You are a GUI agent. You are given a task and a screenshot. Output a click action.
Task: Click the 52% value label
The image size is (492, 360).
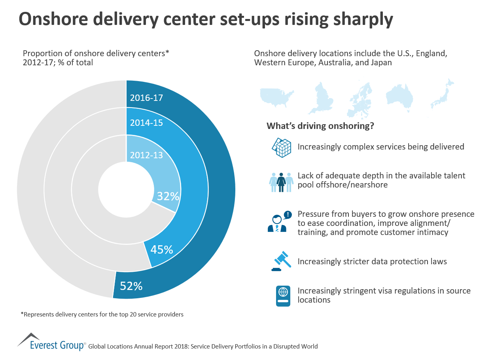click(x=131, y=286)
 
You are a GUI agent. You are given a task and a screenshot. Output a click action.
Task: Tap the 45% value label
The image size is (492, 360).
click(x=161, y=250)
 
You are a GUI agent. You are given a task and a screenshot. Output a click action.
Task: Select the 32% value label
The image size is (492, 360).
click(x=168, y=196)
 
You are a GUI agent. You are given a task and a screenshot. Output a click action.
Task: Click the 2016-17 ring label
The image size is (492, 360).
click(x=146, y=98)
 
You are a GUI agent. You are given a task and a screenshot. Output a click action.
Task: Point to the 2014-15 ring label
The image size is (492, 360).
click(x=146, y=123)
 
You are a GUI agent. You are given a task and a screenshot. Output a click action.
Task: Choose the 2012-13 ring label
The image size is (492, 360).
click(x=146, y=155)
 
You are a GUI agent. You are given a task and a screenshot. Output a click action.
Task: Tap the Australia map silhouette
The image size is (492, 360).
click(x=399, y=96)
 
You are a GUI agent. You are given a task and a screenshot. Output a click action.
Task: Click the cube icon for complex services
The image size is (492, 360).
click(x=281, y=147)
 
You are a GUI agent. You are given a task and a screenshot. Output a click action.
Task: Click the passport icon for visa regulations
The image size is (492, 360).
click(x=283, y=296)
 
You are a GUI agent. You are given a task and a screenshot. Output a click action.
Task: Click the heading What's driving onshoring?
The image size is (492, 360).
click(x=320, y=126)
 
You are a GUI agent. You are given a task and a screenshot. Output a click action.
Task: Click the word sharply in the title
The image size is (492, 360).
click(x=359, y=19)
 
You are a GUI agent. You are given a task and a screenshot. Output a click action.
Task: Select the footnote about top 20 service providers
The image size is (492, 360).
click(x=102, y=315)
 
